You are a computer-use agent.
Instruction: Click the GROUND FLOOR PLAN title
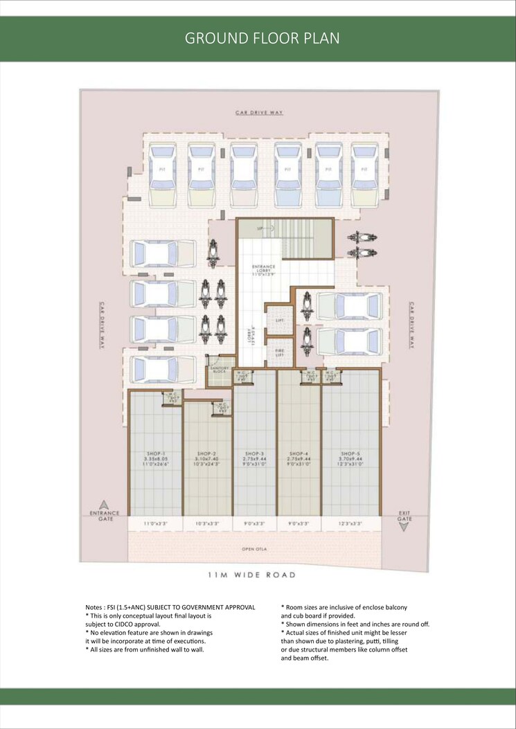(262, 38)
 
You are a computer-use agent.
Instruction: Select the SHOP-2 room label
(208, 453)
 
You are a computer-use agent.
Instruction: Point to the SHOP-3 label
(254, 453)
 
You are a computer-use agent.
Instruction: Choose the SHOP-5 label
(351, 453)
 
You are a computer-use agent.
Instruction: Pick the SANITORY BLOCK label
(220, 370)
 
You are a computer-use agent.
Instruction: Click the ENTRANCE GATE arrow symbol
(104, 505)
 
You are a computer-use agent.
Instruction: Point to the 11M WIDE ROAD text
(252, 575)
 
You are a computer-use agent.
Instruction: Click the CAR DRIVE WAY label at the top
(260, 112)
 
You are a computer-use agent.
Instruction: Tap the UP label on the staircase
(260, 228)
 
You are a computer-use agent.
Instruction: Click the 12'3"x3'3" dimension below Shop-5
(351, 523)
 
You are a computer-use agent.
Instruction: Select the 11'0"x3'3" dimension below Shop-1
(155, 523)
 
